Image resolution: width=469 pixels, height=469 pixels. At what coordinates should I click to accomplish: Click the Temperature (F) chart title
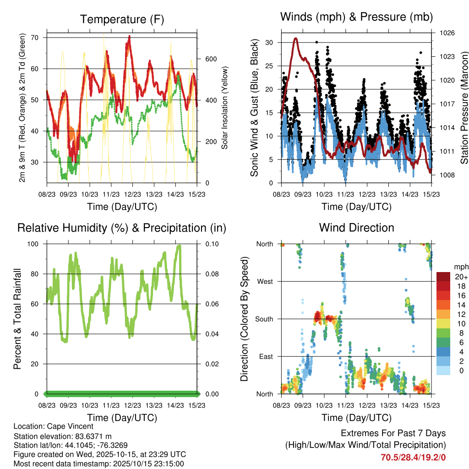(x=122, y=19)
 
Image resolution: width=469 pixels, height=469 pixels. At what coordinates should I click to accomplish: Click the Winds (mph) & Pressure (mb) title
(x=356, y=17)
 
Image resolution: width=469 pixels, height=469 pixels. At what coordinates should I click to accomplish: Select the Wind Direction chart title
(x=356, y=227)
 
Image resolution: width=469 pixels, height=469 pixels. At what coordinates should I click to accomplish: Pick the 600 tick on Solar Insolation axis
(x=211, y=59)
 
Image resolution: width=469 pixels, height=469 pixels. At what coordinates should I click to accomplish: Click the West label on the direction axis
(x=265, y=281)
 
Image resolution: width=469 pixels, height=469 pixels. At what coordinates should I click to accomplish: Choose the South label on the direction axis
(x=264, y=319)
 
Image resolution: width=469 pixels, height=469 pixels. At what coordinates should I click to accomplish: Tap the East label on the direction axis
(x=265, y=356)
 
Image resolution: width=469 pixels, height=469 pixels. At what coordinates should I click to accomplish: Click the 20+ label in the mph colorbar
(x=461, y=277)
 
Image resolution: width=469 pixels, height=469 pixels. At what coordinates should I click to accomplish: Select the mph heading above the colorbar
(x=461, y=267)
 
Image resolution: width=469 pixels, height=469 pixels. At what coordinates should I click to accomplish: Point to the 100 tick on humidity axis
(x=33, y=244)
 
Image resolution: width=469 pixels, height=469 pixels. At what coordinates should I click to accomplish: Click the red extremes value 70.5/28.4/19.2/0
(x=413, y=457)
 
